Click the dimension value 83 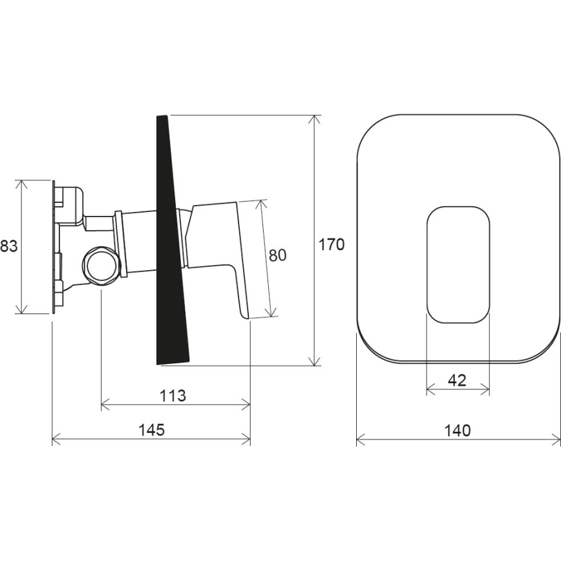[8, 246]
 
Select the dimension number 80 [277, 255]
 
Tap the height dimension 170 [332, 244]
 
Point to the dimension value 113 [172, 396]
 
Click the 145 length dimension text [151, 429]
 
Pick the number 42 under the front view [457, 380]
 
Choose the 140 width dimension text [458, 430]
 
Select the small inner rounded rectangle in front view [458, 265]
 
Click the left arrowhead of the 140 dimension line [359, 440]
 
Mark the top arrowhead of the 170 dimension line [315, 118]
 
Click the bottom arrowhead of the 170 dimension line [315, 362]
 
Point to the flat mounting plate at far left [53, 246]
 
